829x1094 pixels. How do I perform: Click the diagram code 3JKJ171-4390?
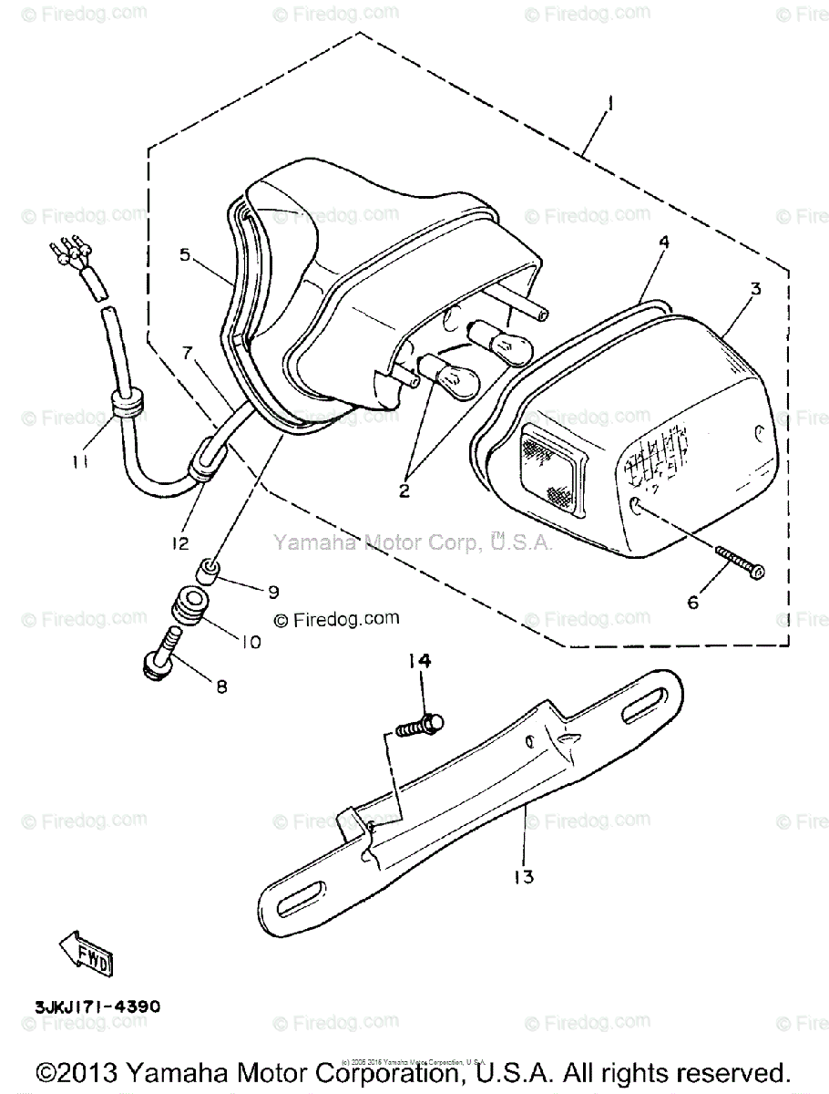pyautogui.click(x=97, y=1007)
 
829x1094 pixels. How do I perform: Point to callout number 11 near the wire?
pyautogui.click(x=80, y=463)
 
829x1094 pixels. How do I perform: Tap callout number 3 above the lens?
pyautogui.click(x=755, y=289)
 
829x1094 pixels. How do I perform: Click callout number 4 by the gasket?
pyautogui.click(x=664, y=243)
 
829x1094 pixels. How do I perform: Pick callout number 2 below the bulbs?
pyautogui.click(x=404, y=490)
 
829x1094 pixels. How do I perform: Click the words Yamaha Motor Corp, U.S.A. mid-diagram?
pyautogui.click(x=413, y=542)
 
